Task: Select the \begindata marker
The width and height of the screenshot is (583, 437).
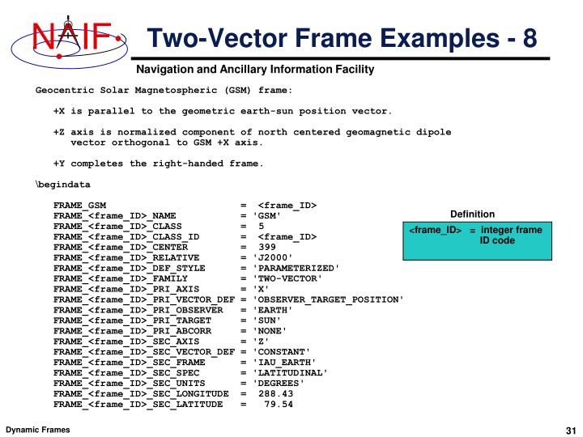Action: [62, 185]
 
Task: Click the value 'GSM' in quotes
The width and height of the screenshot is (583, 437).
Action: [267, 216]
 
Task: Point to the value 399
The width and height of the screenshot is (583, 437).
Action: [267, 246]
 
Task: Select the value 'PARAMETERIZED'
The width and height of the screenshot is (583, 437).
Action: [296, 267]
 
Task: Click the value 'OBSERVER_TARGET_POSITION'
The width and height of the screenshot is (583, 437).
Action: [328, 299]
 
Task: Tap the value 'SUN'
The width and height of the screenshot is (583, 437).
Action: [267, 320]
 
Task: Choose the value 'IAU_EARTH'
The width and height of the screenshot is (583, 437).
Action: [284, 362]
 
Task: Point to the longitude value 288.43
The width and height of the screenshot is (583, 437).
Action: [276, 393]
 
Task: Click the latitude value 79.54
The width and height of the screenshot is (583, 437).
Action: [279, 404]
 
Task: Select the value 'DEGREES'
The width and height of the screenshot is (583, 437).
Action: [279, 383]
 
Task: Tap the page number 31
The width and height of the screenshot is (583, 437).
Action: [568, 428]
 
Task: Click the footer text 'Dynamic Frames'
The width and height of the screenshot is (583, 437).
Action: [38, 428]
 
